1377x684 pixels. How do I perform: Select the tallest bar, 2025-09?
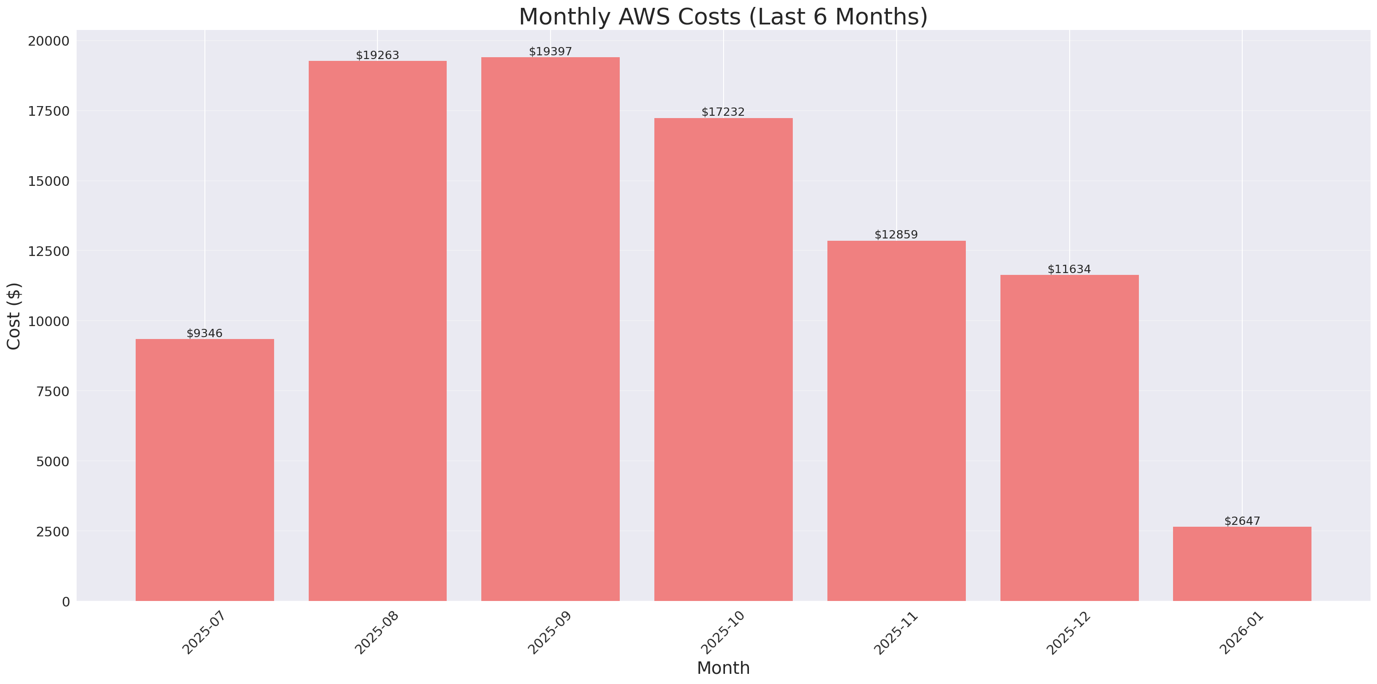click(550, 329)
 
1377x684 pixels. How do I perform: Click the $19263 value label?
click(377, 55)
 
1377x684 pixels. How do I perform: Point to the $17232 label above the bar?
click(723, 112)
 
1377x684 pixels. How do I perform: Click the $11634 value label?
click(1069, 269)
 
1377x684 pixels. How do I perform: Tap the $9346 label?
click(204, 333)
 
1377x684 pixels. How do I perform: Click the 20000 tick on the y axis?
click(48, 41)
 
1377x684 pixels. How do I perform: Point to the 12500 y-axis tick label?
click(48, 251)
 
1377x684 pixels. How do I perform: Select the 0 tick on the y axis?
click(66, 602)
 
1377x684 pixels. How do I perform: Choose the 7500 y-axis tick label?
click(53, 391)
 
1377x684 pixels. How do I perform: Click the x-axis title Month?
click(723, 667)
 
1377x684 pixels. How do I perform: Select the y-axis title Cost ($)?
click(14, 316)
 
